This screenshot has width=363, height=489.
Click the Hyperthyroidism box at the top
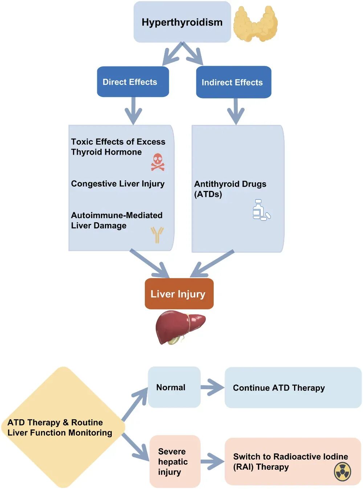(182, 22)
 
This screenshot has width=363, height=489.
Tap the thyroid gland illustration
(256, 24)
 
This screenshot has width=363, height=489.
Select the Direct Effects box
(133, 82)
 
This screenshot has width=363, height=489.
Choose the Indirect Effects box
(233, 82)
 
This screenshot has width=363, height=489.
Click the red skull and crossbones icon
(158, 162)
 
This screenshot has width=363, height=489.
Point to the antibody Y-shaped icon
(157, 235)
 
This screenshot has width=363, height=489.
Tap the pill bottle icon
(261, 210)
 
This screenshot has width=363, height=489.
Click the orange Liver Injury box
(179, 294)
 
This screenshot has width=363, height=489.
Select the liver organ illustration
(180, 327)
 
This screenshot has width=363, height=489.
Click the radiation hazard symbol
(342, 472)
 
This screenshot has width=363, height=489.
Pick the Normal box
(174, 387)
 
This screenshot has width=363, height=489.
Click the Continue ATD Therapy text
(279, 388)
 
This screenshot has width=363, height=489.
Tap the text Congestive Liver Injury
(118, 184)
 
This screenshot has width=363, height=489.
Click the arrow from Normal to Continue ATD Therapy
(212, 387)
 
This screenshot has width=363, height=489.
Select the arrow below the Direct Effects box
(133, 111)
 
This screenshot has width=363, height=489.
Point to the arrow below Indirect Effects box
(236, 111)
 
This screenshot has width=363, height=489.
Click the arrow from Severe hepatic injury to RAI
(212, 461)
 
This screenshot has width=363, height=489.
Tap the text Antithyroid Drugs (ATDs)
(230, 189)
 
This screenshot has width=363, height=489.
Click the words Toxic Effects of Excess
(118, 142)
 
